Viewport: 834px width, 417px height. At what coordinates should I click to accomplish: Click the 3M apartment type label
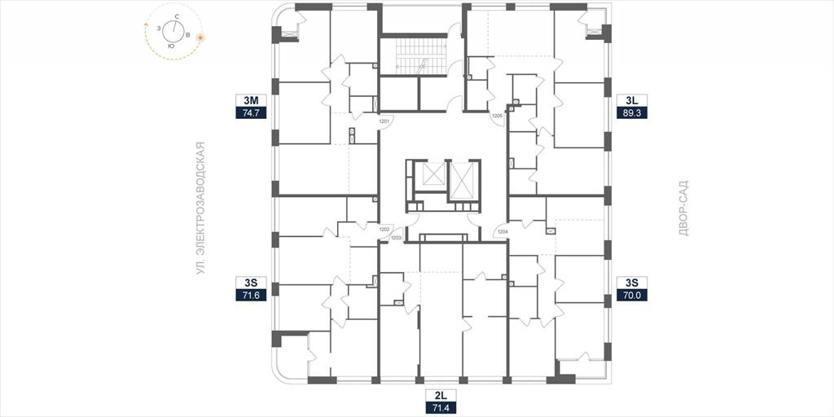[x=251, y=100]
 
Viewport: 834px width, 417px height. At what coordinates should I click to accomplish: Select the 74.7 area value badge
[x=251, y=112]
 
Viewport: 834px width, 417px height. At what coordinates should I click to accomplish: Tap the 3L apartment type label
[x=632, y=100]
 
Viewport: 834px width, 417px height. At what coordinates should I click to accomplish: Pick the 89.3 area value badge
[x=632, y=112]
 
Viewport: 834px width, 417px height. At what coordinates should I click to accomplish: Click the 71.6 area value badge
[x=251, y=296]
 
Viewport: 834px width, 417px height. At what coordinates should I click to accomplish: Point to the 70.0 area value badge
[x=632, y=296]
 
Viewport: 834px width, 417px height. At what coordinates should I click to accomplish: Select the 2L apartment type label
[x=441, y=396]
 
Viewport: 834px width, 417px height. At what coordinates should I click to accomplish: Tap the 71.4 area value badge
[x=441, y=408]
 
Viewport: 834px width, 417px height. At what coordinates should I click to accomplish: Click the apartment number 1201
[x=384, y=121]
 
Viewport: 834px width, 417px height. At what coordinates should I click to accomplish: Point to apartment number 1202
[x=384, y=229]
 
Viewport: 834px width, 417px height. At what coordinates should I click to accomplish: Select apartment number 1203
[x=396, y=238]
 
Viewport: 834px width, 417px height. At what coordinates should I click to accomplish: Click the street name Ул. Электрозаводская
[x=200, y=208]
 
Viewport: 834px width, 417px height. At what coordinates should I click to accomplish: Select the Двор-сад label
[x=684, y=208]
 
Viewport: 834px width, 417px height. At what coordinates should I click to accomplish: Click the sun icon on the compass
[x=200, y=37]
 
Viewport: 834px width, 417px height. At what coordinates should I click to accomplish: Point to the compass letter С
[x=176, y=18]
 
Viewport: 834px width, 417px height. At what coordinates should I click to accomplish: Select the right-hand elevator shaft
[x=461, y=182]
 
